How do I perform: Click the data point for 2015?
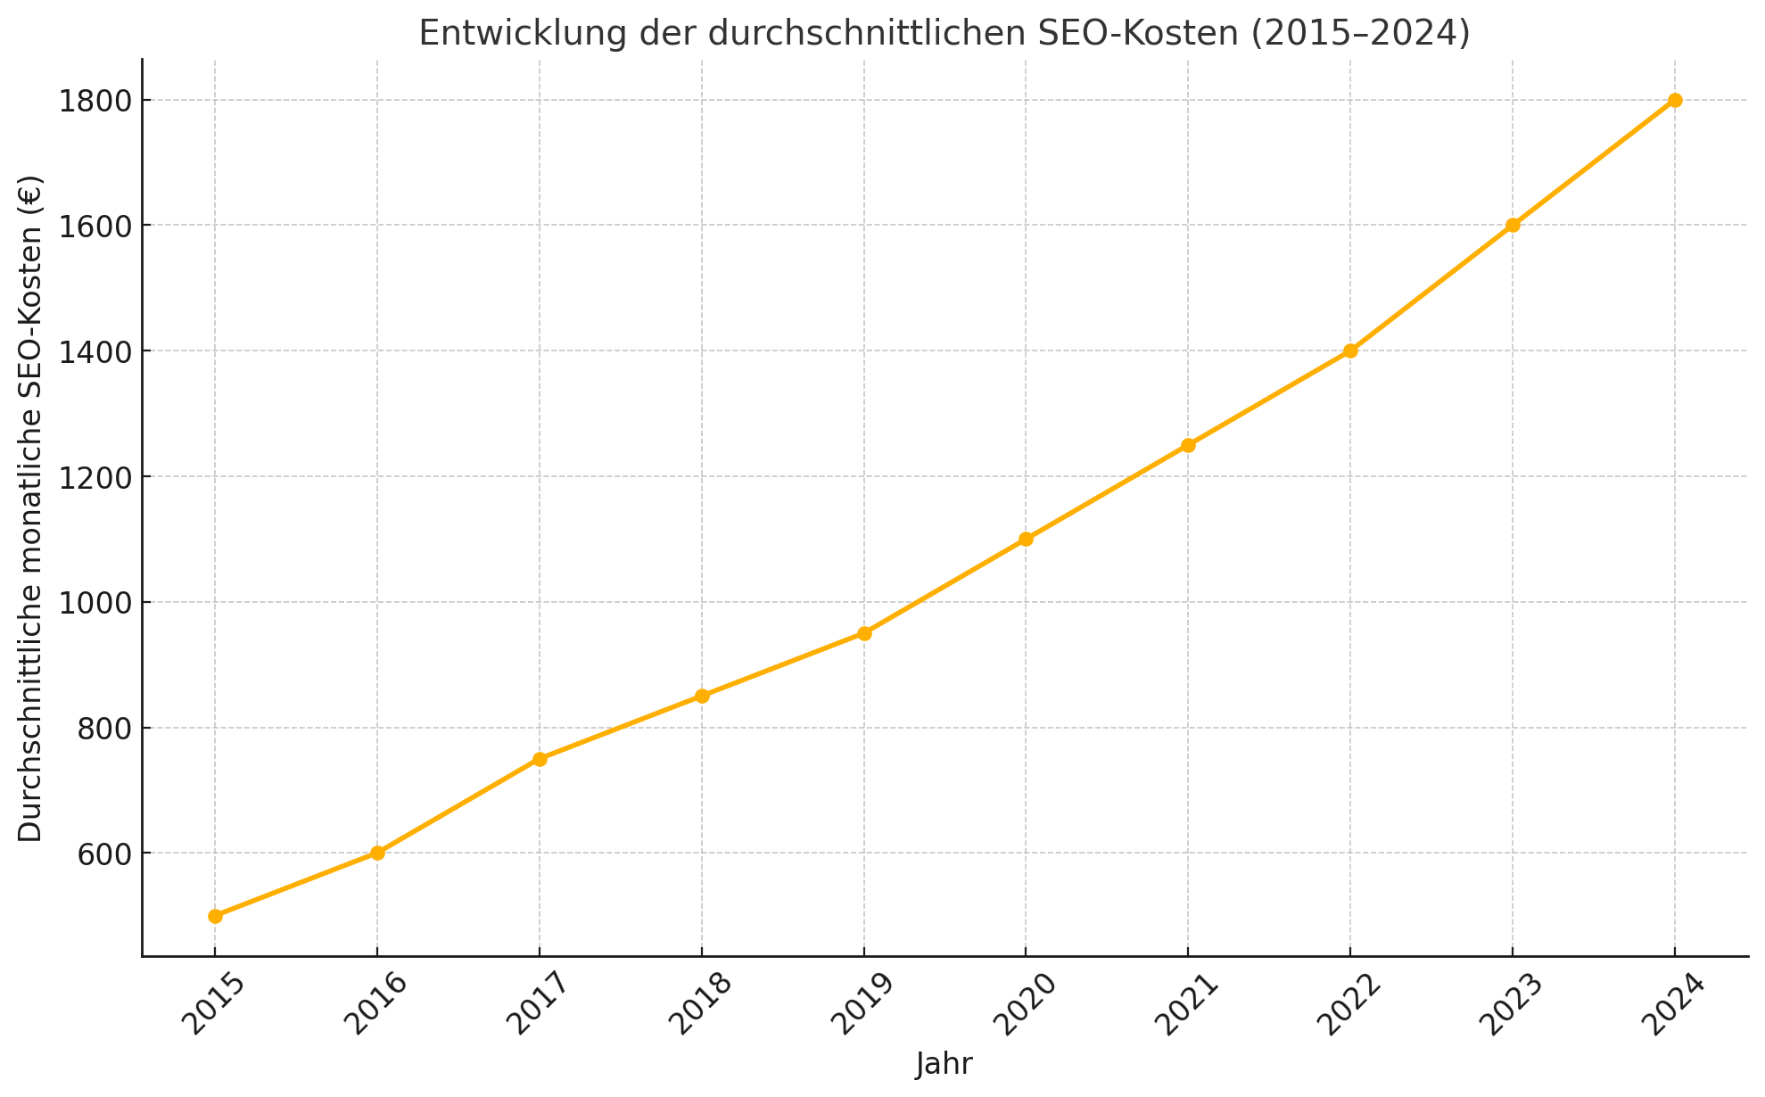215,916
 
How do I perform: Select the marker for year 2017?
540,759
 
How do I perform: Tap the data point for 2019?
864,633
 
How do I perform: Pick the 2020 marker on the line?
1026,539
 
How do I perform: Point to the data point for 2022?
1350,351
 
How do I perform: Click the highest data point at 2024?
1675,100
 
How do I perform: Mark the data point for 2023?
1513,225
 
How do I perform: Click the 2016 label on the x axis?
375,1004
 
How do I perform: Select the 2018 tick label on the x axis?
700,1004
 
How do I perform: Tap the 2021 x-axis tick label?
1187,1004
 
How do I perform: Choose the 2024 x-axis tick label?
1674,1004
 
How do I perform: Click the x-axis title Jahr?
944,1064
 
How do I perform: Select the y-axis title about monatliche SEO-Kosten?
30,508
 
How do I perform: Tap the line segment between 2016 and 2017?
458,806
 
